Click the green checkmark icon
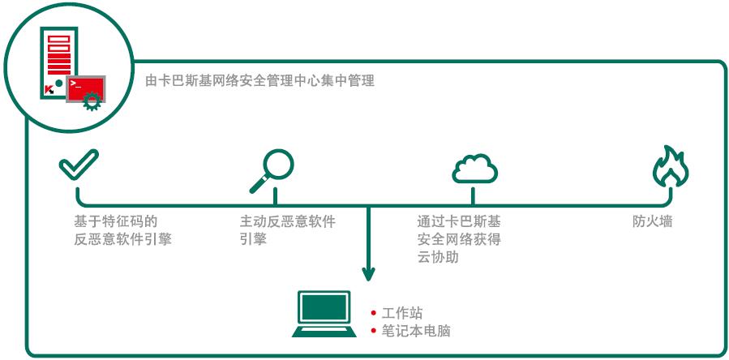tap(79, 165)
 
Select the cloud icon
tap(474, 168)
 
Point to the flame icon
tap(671, 168)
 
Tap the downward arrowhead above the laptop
tap(368, 274)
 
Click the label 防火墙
tap(653, 221)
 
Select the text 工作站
tap(402, 314)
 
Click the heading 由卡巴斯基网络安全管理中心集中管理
tap(259, 81)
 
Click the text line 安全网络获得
tap(459, 239)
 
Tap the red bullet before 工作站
tap(373, 314)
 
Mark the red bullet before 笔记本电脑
tap(373, 331)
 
